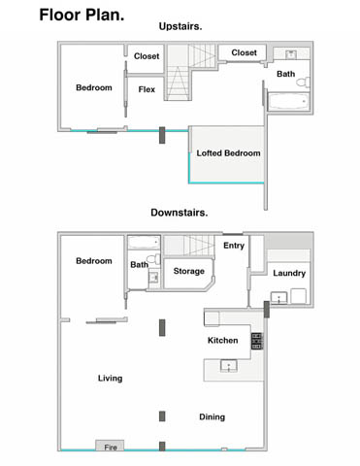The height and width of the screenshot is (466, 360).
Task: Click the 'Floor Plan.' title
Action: coord(82,15)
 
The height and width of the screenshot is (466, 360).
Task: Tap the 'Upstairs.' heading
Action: coord(180,26)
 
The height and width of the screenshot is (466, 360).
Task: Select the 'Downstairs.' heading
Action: coord(180,213)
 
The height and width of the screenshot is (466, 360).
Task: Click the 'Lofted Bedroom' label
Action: coord(228,153)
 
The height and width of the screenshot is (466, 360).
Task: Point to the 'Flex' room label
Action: coord(147,89)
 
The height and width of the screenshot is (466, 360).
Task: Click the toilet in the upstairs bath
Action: coord(304,83)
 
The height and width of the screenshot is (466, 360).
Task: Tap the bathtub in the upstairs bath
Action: coord(288,101)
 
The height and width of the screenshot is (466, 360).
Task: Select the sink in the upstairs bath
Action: coord(291,54)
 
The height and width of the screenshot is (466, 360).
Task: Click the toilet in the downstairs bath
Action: coord(153,259)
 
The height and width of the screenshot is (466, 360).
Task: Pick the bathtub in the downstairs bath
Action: coord(144,242)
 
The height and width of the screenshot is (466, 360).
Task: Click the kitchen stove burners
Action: coord(257,341)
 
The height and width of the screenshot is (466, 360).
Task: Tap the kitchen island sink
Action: coord(229,366)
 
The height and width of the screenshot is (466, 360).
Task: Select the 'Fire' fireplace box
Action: coord(110,446)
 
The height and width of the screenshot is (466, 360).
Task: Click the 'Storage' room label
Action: coord(189,271)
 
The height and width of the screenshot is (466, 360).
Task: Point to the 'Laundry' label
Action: coord(289,273)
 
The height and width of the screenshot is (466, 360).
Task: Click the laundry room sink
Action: coord(278,298)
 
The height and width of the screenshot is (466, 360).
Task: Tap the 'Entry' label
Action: coord(234,246)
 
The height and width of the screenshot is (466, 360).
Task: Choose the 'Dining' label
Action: coord(212,416)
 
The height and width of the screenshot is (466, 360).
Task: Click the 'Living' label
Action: coord(110,379)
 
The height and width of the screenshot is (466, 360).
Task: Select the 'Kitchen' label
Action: coord(222,341)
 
